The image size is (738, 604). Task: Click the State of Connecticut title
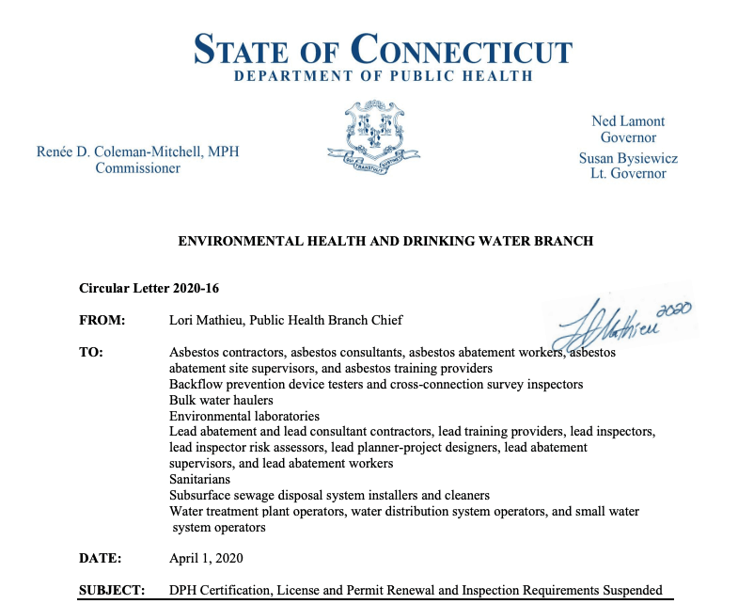[383, 48]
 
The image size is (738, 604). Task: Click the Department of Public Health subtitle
[383, 76]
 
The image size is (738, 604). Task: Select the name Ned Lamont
[628, 121]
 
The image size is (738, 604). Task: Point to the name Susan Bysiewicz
[628, 158]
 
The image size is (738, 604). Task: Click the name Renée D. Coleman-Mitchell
[138, 151]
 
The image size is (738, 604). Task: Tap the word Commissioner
[137, 168]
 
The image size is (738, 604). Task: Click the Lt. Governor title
[628, 174]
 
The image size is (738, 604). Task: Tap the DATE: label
[101, 558]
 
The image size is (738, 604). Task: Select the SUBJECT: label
[112, 590]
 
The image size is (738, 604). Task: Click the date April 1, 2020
[206, 558]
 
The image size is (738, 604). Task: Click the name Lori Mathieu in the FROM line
[209, 321]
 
